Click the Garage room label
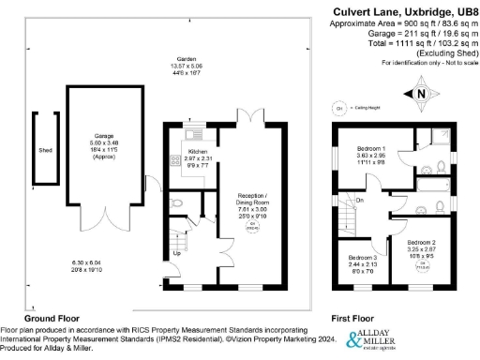pos(103,136)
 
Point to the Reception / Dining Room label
pos(247,198)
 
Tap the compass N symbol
pos(420,93)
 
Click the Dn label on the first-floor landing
pos(359,200)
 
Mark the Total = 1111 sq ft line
pos(415,43)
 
